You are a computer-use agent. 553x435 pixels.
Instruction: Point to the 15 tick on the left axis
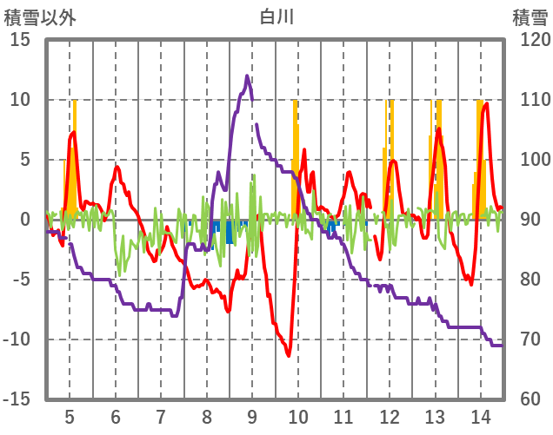(x=19, y=40)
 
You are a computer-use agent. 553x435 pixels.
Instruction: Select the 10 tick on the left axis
(x=19, y=100)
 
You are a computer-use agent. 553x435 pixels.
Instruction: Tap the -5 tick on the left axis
(x=19, y=280)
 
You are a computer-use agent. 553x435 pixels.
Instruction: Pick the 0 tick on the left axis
(x=24, y=220)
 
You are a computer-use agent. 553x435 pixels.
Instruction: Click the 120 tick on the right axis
(x=529, y=40)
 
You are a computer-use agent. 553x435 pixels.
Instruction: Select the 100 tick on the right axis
(x=529, y=160)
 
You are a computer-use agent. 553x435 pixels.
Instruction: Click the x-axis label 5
(x=70, y=415)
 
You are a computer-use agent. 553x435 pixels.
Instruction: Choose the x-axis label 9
(x=252, y=415)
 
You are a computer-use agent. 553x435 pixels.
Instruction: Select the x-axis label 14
(x=479, y=415)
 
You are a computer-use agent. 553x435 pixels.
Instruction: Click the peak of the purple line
(x=247, y=76)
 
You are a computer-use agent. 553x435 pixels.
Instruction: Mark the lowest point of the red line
(x=288, y=354)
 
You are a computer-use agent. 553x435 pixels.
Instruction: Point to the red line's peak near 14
(x=486, y=104)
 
